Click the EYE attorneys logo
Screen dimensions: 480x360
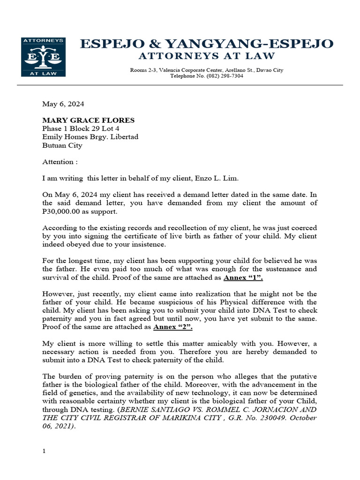43,57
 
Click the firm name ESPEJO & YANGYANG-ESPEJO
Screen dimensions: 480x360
207,44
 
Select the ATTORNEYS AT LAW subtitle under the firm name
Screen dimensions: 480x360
206,56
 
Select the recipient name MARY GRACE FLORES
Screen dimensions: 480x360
88,120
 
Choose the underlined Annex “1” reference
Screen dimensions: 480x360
243,277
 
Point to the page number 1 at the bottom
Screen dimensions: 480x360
44,451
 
